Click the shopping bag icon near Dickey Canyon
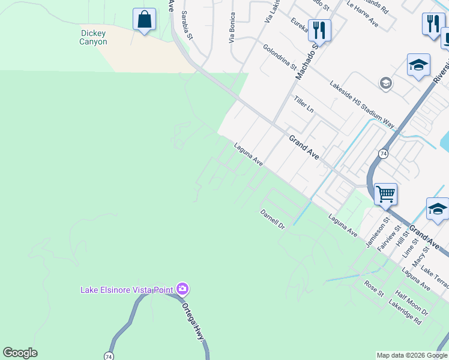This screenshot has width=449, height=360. tap(144, 20)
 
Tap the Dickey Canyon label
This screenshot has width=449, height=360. tap(93, 38)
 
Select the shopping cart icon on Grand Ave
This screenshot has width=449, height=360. tap(385, 194)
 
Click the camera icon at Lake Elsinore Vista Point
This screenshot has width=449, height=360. tap(182, 290)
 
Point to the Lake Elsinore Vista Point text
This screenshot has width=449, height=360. tap(127, 290)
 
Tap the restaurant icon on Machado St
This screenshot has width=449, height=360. tap(319, 30)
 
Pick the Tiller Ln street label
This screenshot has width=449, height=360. tap(303, 103)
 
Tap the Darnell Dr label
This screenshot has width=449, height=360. tap(272, 218)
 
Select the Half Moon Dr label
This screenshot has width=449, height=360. tap(411, 304)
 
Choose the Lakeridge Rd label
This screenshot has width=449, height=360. tap(405, 313)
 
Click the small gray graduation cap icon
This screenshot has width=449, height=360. tap(386, 83)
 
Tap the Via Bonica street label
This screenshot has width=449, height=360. tap(231, 28)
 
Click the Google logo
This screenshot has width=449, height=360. tap(20, 353)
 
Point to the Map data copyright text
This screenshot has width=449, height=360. tap(411, 355)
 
